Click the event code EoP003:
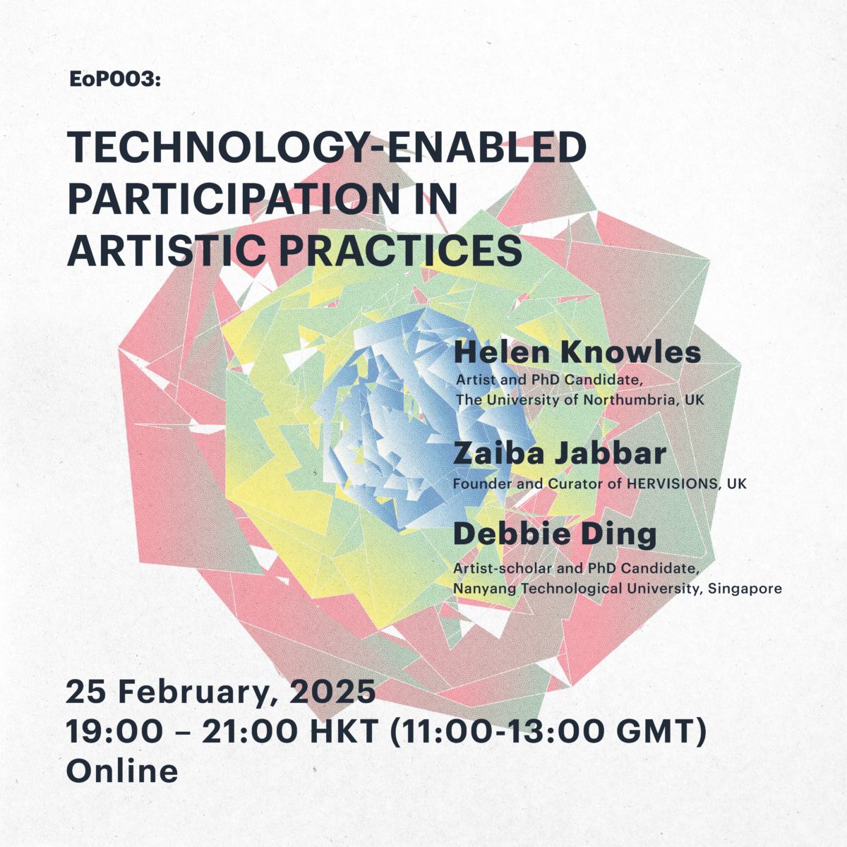115,79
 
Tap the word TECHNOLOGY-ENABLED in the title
327,148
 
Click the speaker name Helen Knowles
577,352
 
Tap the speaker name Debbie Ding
555,535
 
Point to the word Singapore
745,589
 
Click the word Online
122,771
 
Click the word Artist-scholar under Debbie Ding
502,568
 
